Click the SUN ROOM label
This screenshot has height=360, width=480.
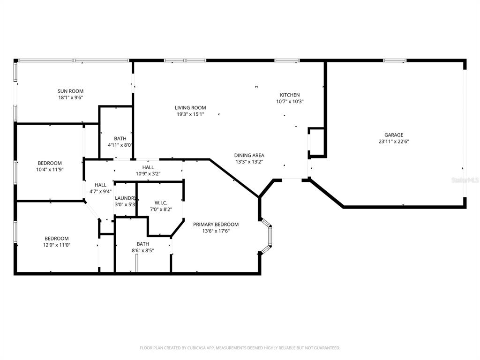coord(70,91)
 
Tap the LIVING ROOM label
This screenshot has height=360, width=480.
coord(190,108)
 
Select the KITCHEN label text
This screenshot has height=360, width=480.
coord(290,95)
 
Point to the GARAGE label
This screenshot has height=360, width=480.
coord(390,135)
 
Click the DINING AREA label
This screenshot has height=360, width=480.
coord(249,155)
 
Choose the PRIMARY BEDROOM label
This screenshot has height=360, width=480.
coord(216,225)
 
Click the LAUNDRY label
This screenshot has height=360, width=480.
coord(125,198)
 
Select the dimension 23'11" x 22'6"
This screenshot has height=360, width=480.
coord(390,142)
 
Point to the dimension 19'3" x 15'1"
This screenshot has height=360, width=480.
coord(190,114)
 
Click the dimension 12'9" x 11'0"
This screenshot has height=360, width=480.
coord(57,245)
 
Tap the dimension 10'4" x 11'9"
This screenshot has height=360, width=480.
coord(50,169)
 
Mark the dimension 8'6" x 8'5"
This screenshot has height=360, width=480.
coord(142,250)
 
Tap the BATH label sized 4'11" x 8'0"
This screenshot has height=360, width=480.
coord(120,138)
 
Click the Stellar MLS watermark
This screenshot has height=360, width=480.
coord(462,180)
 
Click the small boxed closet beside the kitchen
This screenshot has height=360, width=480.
coord(317,142)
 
